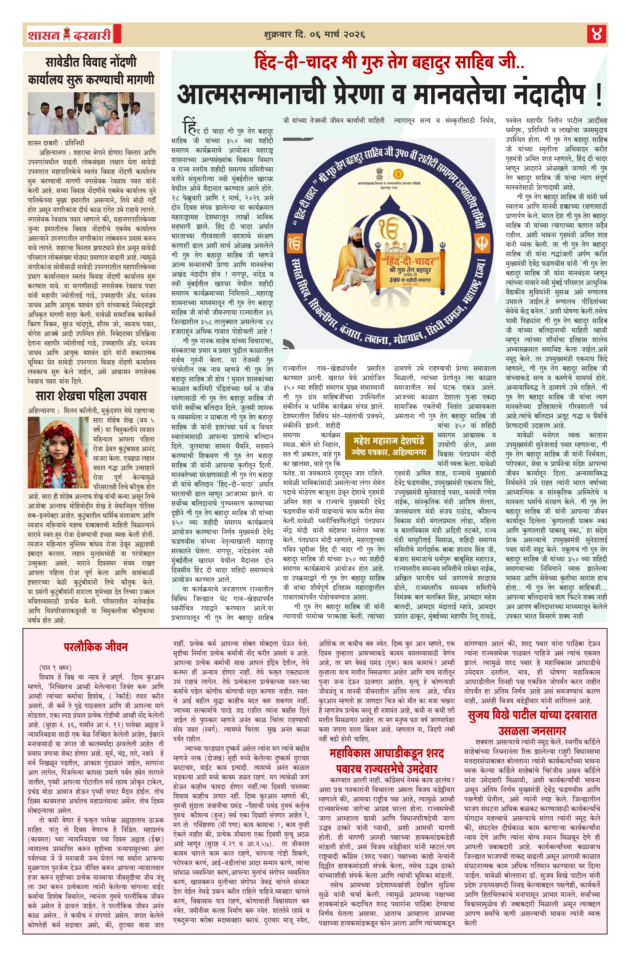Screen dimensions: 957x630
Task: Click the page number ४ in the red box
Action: coord(596,34)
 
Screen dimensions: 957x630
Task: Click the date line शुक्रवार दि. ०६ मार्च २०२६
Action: coord(314,35)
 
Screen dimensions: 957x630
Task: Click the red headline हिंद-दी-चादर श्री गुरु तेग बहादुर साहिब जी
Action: coord(389,62)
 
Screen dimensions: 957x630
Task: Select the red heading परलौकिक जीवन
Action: coord(95,647)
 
